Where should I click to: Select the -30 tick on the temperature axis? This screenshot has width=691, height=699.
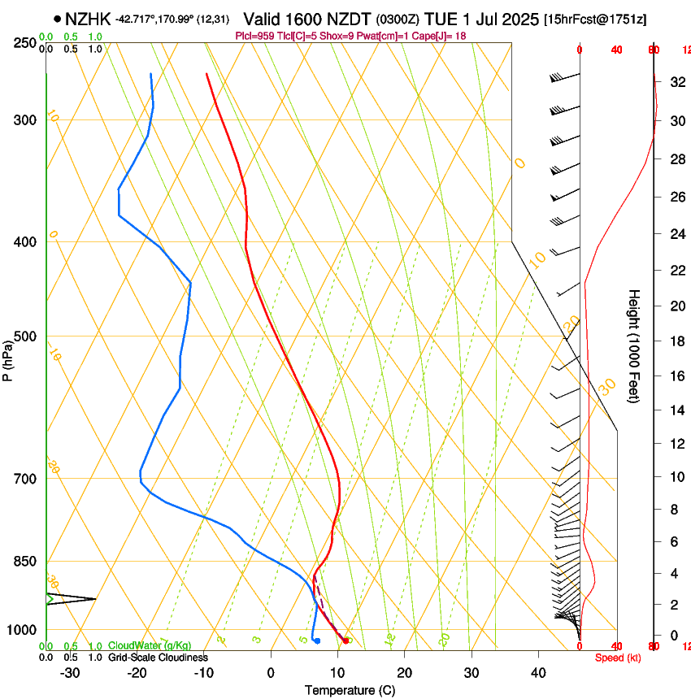[70, 673]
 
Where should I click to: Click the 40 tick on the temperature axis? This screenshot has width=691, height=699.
[537, 673]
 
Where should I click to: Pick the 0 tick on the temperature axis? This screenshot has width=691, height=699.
[271, 673]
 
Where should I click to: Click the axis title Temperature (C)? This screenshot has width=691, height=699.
[350, 691]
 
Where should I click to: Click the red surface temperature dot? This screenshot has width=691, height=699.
[346, 640]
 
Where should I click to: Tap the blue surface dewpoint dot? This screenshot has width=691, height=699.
[317, 640]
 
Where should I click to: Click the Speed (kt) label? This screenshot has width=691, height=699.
[618, 658]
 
